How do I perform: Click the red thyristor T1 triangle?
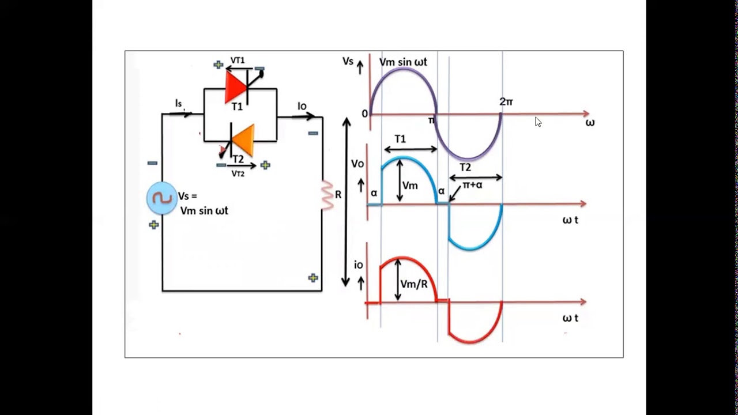tap(235, 88)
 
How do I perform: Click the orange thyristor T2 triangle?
tap(244, 139)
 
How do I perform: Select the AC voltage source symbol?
tap(162, 198)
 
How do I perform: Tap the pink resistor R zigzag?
tap(327, 195)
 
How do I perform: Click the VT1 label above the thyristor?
tap(238, 61)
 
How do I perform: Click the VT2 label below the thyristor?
tap(238, 173)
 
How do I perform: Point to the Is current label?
tap(179, 103)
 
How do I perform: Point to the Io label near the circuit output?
tap(302, 106)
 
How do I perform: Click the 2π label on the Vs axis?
tap(506, 101)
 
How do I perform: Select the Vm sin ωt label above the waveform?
tap(403, 62)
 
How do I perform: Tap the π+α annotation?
tap(472, 185)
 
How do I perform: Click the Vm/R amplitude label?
tap(414, 284)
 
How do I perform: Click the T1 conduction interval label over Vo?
tap(400, 139)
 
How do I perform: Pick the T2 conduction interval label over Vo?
tap(465, 168)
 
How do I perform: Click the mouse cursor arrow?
tap(538, 122)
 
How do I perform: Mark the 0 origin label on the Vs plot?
tap(364, 114)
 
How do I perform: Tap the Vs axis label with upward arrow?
tap(348, 61)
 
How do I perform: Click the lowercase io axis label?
tap(359, 265)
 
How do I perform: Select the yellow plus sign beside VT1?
tap(218, 65)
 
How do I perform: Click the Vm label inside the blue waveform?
tap(410, 186)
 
